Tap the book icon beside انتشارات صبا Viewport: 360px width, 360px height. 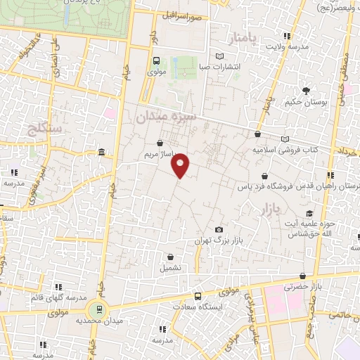(x=220, y=56)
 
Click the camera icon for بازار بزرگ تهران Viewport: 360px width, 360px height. (x=219, y=230)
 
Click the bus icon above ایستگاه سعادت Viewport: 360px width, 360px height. (x=198, y=296)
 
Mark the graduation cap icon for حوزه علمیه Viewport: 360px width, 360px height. (x=309, y=214)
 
